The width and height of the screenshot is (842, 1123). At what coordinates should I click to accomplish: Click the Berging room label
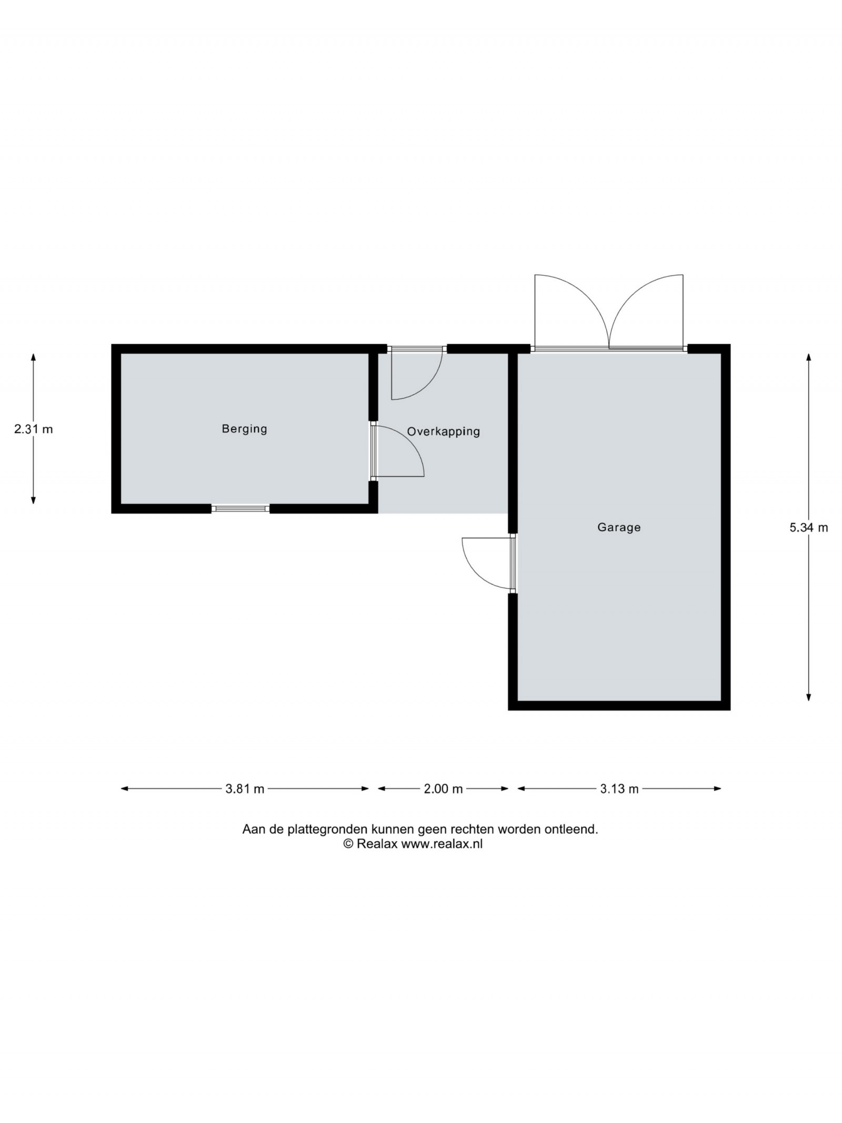[x=244, y=429]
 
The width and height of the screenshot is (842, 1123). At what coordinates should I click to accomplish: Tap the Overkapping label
[x=443, y=432]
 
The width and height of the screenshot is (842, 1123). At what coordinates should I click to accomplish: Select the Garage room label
[x=619, y=527]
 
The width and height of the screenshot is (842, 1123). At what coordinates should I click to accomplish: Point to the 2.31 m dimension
[x=34, y=429]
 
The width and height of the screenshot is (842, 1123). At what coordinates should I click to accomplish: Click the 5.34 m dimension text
[x=808, y=527]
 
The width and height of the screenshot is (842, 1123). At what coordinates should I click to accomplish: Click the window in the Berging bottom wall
[x=240, y=509]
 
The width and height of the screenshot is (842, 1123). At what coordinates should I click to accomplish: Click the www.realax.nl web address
[x=442, y=844]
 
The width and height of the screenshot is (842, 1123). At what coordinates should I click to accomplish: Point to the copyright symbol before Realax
[x=348, y=844]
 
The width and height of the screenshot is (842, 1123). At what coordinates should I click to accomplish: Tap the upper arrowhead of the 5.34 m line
[x=808, y=357]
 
